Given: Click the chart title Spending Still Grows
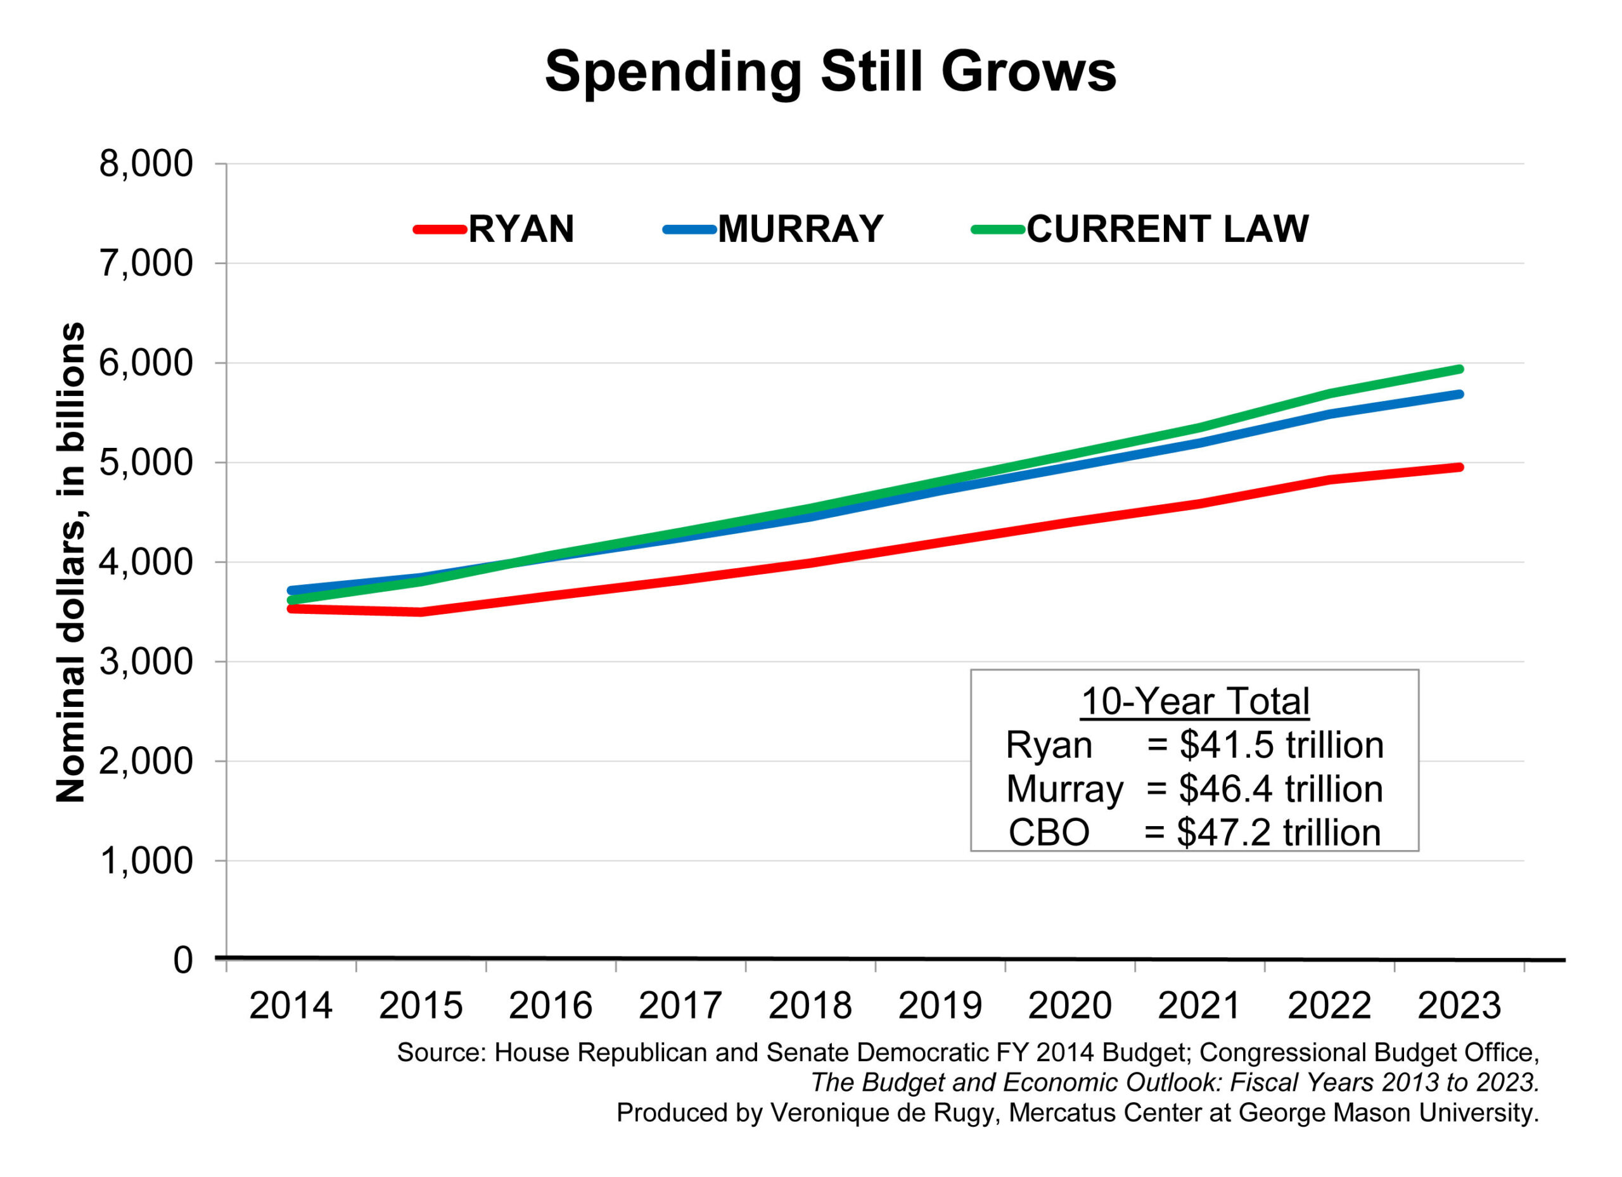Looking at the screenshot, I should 829,72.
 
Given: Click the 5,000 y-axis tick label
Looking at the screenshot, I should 146,462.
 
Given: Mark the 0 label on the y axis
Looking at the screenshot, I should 183,960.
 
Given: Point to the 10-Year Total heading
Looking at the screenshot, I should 1194,701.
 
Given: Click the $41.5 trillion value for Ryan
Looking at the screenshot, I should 1281,745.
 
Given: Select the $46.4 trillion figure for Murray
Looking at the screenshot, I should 1280,789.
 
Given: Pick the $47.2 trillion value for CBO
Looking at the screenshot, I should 1278,833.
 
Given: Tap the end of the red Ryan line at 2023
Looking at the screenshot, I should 1459,468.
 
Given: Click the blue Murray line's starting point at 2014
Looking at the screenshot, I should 291,590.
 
